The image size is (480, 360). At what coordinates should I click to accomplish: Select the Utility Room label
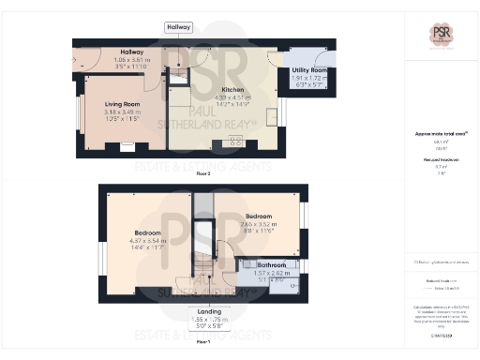(308, 70)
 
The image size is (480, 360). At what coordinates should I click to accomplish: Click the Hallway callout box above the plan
(178, 27)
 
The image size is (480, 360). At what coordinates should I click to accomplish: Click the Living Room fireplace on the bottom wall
(126, 145)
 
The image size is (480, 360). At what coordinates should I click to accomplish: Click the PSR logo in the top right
(441, 35)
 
